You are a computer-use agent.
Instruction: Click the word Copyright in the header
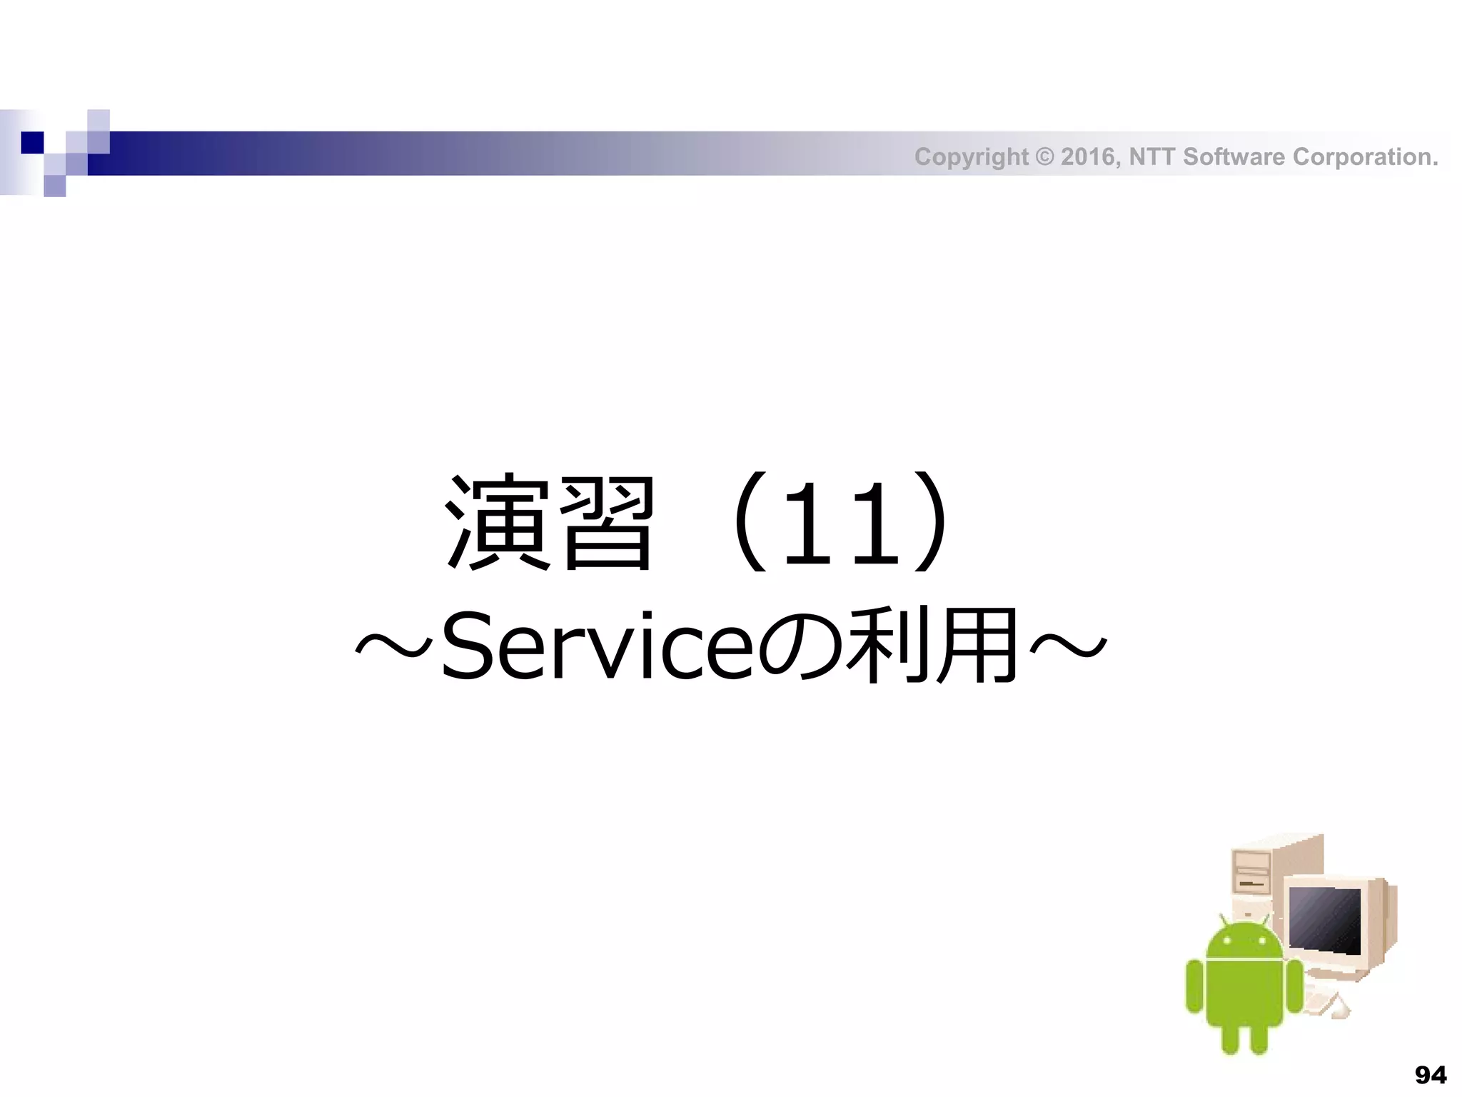coord(971,157)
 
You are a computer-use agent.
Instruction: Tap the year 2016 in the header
coord(1089,156)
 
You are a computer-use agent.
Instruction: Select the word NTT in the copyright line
coord(1152,156)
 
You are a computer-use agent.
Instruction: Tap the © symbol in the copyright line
coord(1044,156)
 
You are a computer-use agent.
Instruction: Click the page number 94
coord(1431,1075)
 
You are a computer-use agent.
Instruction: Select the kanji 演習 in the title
coord(549,522)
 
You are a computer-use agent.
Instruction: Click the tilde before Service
coord(394,646)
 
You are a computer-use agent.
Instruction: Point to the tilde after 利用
coord(1068,646)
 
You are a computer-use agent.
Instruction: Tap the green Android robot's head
coord(1244,941)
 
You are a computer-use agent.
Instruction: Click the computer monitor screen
coord(1325,919)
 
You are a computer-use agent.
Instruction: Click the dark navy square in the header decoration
coord(32,142)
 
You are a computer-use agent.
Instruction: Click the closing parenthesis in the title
coord(932,522)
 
